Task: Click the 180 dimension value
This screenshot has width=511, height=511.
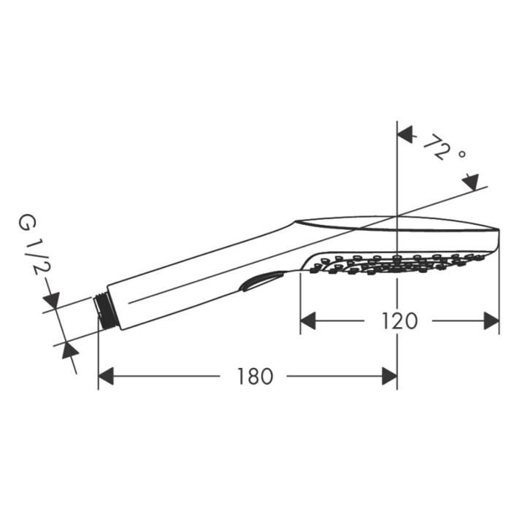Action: [x=255, y=377]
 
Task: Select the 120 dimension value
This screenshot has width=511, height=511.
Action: [x=399, y=320]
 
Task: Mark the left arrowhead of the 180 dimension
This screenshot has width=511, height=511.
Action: [x=107, y=377]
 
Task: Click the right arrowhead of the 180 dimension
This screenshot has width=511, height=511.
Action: [x=389, y=377]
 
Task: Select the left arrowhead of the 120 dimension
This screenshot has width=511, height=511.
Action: [x=309, y=320]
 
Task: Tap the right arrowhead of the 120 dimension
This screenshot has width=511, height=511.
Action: [x=491, y=320]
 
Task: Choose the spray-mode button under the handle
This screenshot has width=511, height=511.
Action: [x=261, y=281]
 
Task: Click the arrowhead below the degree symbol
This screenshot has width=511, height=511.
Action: [x=471, y=182]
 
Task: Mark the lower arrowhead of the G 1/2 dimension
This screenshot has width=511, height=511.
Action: [x=69, y=350]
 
